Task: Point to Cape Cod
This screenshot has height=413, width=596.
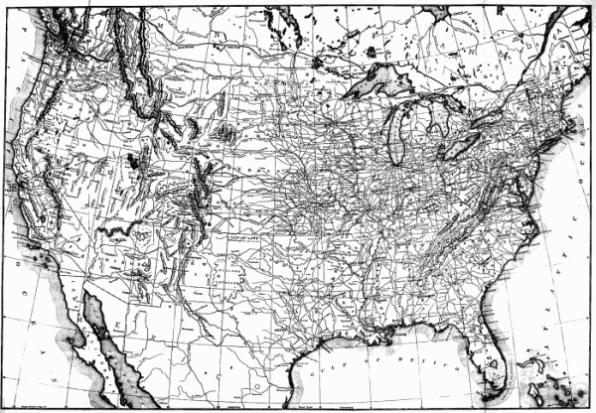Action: click(577, 128)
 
